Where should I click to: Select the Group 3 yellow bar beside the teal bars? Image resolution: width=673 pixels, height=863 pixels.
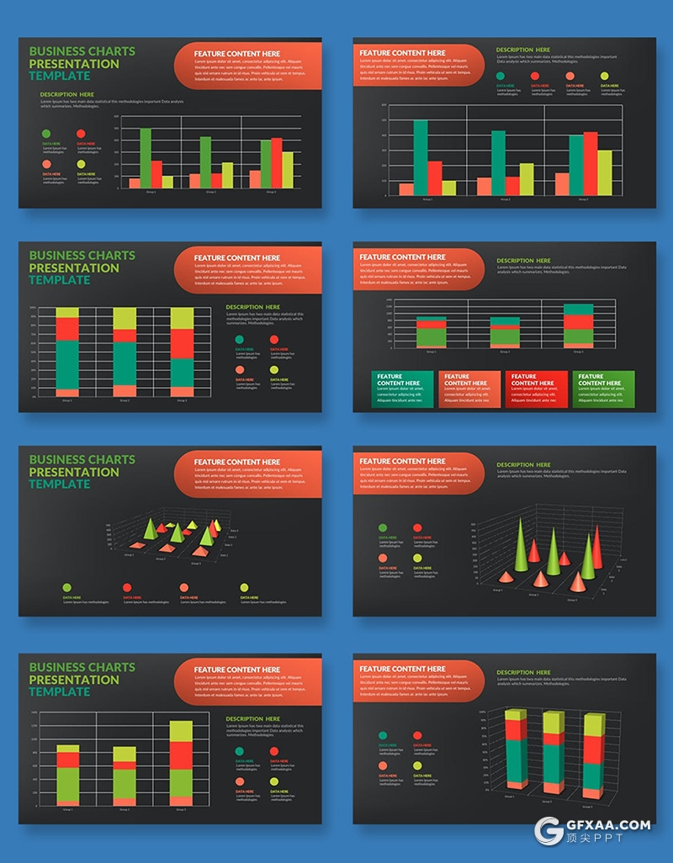(x=604, y=172)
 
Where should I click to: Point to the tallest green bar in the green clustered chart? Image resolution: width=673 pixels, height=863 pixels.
(x=146, y=157)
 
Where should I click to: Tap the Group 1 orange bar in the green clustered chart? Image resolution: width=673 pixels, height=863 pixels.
(x=135, y=183)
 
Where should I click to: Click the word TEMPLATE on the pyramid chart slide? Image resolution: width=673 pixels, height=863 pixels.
(x=59, y=484)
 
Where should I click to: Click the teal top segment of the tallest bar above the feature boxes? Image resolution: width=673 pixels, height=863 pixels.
(x=578, y=309)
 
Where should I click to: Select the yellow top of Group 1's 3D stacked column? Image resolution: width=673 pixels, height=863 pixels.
(x=516, y=723)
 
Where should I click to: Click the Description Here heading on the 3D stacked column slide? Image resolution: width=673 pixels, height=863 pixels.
(x=523, y=672)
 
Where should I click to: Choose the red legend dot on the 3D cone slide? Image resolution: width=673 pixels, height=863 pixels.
(x=417, y=528)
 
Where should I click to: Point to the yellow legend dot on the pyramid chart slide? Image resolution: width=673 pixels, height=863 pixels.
(x=244, y=588)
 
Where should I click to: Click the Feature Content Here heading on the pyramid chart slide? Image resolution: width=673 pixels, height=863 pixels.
(x=236, y=462)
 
